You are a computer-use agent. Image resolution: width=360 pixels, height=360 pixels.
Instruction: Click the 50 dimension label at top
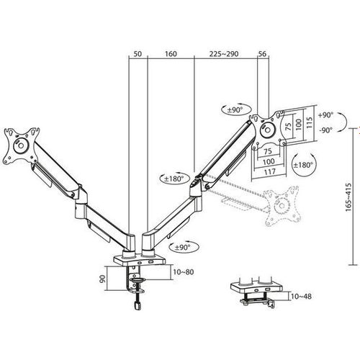point(138,54)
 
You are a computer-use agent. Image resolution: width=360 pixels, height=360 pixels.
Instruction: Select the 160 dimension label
point(171,54)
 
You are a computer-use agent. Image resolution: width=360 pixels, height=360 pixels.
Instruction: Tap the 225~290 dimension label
point(224,54)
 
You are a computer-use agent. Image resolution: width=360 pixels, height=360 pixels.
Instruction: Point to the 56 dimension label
point(262,54)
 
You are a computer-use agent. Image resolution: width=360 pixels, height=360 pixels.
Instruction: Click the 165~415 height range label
point(348,197)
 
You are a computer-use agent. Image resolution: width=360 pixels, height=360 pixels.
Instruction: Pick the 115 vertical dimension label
point(310,122)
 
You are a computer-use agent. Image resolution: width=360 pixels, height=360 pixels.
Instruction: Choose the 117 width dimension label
point(270,172)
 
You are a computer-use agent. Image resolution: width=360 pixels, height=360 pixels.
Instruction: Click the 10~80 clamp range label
point(184,272)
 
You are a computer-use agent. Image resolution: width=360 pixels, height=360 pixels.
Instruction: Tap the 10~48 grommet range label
point(301,297)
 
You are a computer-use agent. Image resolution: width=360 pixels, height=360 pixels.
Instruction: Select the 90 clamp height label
point(102,279)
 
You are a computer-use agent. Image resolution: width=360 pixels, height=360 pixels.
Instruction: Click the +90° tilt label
point(326,115)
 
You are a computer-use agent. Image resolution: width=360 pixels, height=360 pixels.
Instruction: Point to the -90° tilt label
point(326,130)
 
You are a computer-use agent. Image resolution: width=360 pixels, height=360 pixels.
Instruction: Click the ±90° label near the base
point(182,247)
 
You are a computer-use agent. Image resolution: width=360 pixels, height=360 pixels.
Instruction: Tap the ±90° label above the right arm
point(235,110)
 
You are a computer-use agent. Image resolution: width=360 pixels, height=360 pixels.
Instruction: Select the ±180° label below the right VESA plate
point(304,165)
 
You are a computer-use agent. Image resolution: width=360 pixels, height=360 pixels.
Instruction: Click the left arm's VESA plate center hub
point(21,145)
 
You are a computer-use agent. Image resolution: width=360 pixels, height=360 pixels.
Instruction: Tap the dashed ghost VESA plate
point(282,206)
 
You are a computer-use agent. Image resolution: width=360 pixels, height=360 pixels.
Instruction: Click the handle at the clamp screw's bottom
point(137,305)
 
